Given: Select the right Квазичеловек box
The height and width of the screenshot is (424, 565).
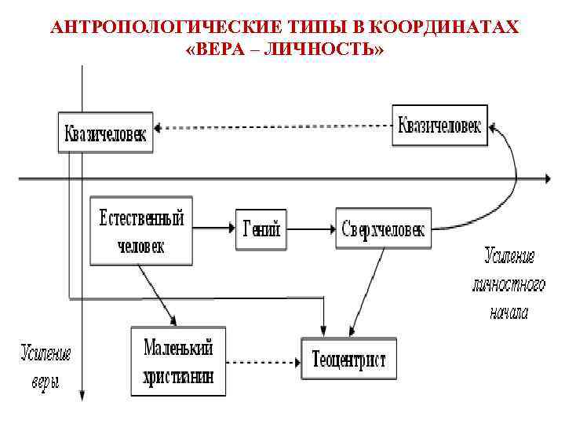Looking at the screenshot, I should click(439, 124).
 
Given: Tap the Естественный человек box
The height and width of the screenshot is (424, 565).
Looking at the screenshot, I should click(141, 230).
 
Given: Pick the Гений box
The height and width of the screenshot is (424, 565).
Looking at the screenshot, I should click(262, 228).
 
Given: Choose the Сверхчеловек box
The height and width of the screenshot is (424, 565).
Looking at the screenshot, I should click(383, 228).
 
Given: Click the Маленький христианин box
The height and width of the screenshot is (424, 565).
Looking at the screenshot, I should click(178, 360).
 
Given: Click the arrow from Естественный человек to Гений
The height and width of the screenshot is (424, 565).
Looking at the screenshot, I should click(214, 228).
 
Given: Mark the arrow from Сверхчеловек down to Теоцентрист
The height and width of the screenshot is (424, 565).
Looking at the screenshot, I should click(366, 291).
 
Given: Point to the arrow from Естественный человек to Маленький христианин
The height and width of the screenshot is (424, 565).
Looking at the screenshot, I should click(157, 294).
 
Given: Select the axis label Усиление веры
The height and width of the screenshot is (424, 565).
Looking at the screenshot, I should click(46, 367).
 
